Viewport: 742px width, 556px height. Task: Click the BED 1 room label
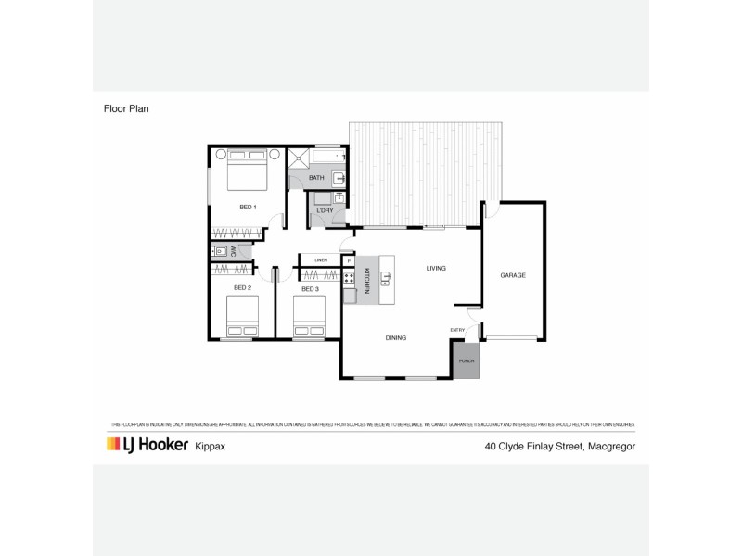pos(248,206)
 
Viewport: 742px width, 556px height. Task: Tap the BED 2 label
pos(244,289)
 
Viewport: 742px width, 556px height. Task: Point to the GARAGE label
pos(513,275)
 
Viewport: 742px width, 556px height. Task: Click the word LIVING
pos(436,269)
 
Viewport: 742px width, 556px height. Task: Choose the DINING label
pos(396,338)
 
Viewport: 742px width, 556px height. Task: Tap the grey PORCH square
pos(466,361)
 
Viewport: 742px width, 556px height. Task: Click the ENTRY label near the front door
pos(457,330)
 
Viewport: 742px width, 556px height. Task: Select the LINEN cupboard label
pos(321,259)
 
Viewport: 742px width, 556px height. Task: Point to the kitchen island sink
pos(386,276)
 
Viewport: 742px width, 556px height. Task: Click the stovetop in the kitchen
pos(349,277)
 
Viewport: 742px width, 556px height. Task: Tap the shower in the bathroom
pos(299,158)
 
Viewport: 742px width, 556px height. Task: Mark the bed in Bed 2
pos(243,317)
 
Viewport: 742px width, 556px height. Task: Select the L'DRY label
pos(325,210)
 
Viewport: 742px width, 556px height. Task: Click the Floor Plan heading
pos(126,108)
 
